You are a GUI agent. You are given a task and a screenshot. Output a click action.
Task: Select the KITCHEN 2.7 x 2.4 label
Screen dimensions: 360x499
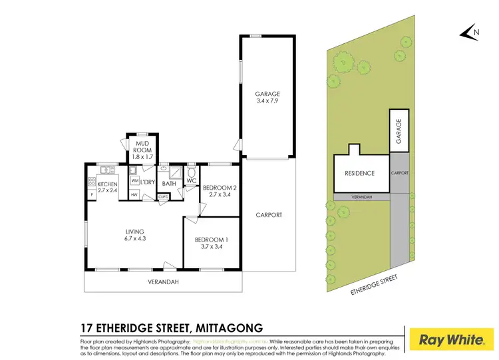pyautogui.click(x=108, y=188)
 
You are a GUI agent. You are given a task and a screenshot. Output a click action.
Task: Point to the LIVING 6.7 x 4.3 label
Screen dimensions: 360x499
pyautogui.click(x=134, y=235)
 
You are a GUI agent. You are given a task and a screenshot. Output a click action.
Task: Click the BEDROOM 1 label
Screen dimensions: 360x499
pyautogui.click(x=212, y=243)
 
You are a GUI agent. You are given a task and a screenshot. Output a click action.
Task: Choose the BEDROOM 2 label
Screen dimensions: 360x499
pyautogui.click(x=219, y=192)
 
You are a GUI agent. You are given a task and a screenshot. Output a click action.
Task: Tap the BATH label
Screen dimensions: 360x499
pyautogui.click(x=168, y=183)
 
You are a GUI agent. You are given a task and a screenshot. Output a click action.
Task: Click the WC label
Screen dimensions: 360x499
pyautogui.click(x=190, y=180)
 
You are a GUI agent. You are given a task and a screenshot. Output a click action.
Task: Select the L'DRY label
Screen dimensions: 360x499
pyautogui.click(x=148, y=182)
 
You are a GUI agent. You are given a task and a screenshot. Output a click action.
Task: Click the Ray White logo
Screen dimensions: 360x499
pyautogui.click(x=451, y=339)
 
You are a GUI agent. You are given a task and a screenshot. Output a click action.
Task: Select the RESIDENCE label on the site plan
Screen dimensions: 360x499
pyautogui.click(x=359, y=174)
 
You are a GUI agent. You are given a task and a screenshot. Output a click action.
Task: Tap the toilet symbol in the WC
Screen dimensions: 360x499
pyautogui.click(x=191, y=170)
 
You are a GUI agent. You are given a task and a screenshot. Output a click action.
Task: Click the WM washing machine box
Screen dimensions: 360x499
pyautogui.click(x=134, y=180)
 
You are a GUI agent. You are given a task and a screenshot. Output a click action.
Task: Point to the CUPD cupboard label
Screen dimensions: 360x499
pyautogui.click(x=163, y=197)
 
